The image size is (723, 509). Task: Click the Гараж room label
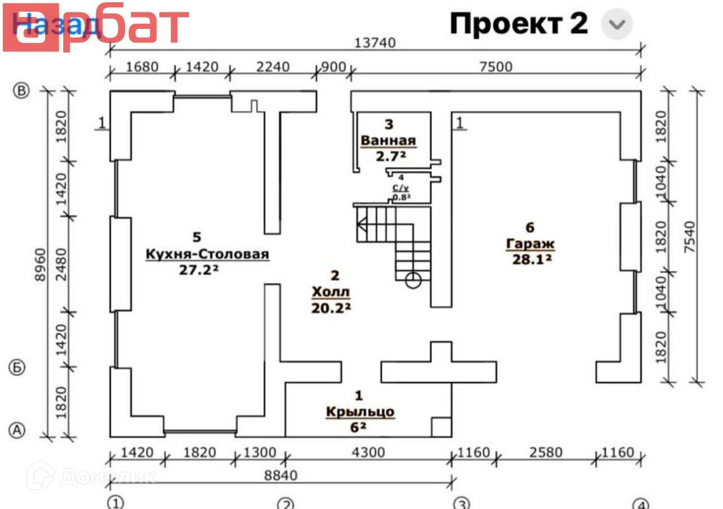click(x=529, y=244)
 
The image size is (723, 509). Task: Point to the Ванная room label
click(x=389, y=141)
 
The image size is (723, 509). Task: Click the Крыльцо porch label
click(x=360, y=411)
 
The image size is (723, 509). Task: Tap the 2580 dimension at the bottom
click(x=546, y=453)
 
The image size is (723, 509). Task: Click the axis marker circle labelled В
click(x=21, y=91)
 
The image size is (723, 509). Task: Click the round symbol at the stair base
click(x=413, y=280)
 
